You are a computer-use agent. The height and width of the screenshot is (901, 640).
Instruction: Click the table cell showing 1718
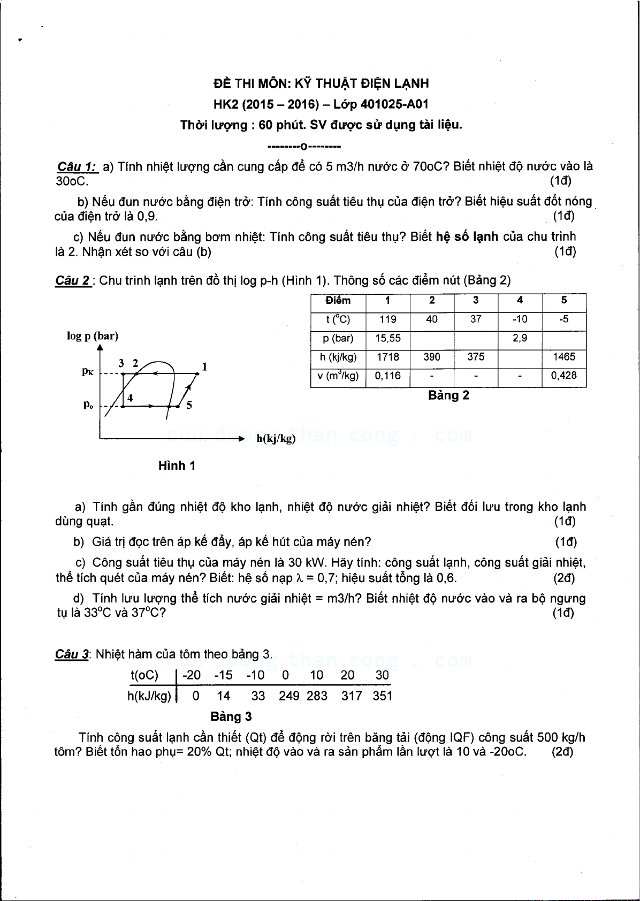pyautogui.click(x=387, y=357)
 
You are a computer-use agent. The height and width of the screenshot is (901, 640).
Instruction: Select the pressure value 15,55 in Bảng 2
pyautogui.click(x=387, y=339)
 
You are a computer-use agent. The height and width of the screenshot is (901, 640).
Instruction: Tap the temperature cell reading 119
pyautogui.click(x=387, y=319)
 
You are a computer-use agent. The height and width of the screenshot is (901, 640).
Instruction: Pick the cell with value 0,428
pyautogui.click(x=563, y=376)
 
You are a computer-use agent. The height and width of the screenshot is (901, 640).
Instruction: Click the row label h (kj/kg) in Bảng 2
pyautogui.click(x=338, y=357)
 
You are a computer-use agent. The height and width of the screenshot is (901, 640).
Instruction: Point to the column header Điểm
pyautogui.click(x=338, y=301)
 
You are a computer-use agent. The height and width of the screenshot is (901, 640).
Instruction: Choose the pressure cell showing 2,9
pyautogui.click(x=520, y=339)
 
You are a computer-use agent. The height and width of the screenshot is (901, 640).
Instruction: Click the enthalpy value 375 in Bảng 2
pyautogui.click(x=476, y=357)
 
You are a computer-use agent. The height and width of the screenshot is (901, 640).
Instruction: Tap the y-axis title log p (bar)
pyautogui.click(x=93, y=336)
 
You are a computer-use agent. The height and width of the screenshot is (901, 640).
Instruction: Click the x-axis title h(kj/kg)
pyautogui.click(x=276, y=439)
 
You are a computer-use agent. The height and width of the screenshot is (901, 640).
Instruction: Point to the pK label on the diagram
pyautogui.click(x=88, y=371)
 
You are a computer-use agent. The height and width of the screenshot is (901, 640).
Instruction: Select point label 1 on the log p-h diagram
pyautogui.click(x=204, y=367)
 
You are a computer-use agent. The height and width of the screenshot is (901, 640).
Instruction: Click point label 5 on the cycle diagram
pyautogui.click(x=189, y=405)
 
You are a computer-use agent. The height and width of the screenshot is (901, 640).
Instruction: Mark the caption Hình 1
pyautogui.click(x=177, y=466)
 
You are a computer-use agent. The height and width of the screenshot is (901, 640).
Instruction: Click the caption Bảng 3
pyautogui.click(x=231, y=717)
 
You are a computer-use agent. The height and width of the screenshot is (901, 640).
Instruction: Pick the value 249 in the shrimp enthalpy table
pyautogui.click(x=289, y=696)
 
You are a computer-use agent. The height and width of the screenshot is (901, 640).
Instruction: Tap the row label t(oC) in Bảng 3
pyautogui.click(x=144, y=675)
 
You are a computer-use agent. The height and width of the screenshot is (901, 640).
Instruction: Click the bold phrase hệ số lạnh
pyautogui.click(x=467, y=236)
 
